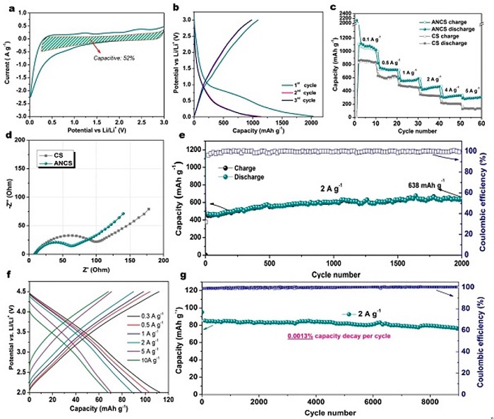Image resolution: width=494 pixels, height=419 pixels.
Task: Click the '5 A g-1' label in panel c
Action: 473,91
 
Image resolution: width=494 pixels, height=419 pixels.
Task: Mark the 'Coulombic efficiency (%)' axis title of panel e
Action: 486,198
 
